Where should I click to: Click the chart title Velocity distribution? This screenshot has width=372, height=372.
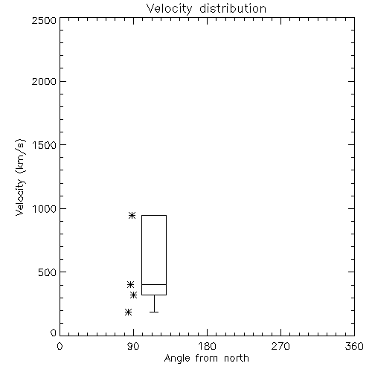pos(206,9)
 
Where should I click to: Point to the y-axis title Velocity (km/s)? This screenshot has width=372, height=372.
pos(20,177)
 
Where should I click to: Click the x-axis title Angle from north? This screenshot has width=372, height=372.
pos(206,359)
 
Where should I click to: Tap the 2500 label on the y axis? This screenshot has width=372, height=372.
pos(44,20)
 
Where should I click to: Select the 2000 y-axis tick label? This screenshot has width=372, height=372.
pos(44,81)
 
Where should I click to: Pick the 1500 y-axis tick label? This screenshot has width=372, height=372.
pos(45,145)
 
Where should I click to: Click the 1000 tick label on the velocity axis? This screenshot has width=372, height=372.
pos(45,209)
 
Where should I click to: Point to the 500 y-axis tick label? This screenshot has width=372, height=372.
pos(47,272)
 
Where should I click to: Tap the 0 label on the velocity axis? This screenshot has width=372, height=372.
pos(54,333)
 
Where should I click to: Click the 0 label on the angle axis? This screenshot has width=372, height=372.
pos(60,346)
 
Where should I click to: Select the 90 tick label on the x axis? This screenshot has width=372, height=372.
pos(133,346)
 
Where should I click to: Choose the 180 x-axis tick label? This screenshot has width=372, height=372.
pos(207,346)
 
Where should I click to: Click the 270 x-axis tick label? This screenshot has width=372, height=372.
pos(280,346)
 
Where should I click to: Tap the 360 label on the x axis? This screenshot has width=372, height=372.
pos(354,346)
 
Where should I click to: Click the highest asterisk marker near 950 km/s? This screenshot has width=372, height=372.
pos(132,215)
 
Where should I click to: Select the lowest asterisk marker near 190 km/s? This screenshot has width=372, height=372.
pos(128,312)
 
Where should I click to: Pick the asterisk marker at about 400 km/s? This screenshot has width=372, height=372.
pos(131,284)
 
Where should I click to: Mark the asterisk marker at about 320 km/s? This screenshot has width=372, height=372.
pos(134,295)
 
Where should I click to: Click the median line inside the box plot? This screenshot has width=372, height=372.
pos(154,284)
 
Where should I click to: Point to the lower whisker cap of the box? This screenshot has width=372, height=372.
pos(154,312)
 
